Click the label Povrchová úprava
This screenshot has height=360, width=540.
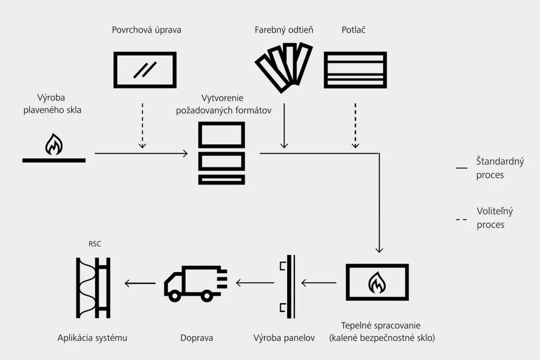tap(146, 30)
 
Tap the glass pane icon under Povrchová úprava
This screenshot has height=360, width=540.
tap(145, 70)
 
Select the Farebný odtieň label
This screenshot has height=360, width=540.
tap(283, 30)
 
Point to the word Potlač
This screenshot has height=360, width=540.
tap(354, 30)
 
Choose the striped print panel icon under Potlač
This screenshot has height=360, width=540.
tap(355, 70)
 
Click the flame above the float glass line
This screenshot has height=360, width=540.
tap(54, 144)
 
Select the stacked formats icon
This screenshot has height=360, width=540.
tap(221, 153)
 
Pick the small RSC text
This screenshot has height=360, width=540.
tap(95, 244)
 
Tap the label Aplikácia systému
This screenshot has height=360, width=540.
tap(92, 338)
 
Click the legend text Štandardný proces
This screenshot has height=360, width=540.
tap(499, 168)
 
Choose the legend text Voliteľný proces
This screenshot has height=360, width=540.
tap(494, 218)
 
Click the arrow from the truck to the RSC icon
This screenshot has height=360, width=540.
tap(140, 284)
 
